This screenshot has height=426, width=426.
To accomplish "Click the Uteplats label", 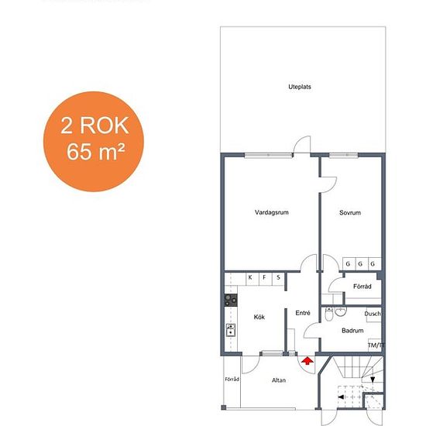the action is (300, 87).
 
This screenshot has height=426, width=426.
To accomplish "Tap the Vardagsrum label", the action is (272, 212).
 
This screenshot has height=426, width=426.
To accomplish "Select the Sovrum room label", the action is (350, 213).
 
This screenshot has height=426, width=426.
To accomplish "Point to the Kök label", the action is (259, 317).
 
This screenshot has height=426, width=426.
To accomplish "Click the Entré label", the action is (303, 313).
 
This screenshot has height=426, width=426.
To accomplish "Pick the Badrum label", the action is (352, 331).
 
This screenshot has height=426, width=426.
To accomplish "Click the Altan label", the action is (279, 380).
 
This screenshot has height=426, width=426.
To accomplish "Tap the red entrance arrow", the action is (307, 361).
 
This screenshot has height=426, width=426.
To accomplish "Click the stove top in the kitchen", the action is (231, 301).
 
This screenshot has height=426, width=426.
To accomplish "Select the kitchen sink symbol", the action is (231, 330).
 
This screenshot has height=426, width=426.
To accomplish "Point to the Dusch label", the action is (373, 314).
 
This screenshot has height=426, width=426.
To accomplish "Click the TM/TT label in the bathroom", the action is (376, 345).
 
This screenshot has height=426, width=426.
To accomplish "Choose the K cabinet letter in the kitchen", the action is (250, 277).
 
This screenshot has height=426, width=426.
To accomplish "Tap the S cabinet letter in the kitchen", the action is (278, 277).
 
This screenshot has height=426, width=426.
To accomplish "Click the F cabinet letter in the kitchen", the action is (264, 277).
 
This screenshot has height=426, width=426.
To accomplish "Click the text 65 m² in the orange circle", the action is (96, 152).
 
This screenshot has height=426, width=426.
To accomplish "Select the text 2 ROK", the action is (94, 125).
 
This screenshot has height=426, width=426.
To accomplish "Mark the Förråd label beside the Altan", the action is (232, 379).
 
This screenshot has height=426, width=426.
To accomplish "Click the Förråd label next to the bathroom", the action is (362, 287).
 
